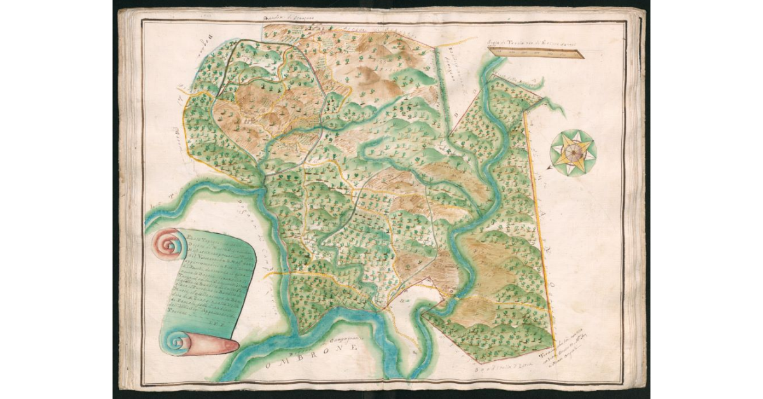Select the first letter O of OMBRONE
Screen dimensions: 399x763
click(272, 367)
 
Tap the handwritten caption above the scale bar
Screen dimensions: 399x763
click(521, 43)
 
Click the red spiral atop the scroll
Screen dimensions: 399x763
click(167, 243)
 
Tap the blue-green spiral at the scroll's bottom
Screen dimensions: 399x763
click(174, 343)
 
